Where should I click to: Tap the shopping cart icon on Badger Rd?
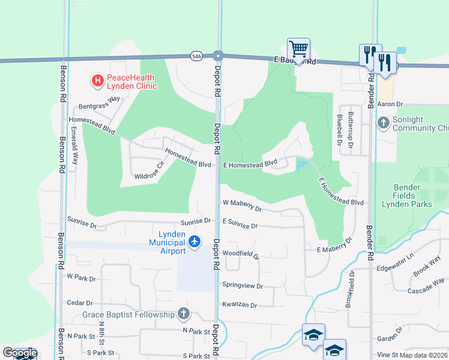pyautogui.click(x=298, y=49)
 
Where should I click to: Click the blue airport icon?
pyautogui.click(x=194, y=241)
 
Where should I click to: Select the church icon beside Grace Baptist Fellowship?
pyautogui.click(x=184, y=314)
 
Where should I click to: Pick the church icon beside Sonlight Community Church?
pyautogui.click(x=384, y=123)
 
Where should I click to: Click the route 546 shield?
pyautogui.click(x=196, y=56)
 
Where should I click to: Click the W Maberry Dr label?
pyautogui.click(x=243, y=206)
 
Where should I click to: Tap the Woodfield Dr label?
pyautogui.click(x=240, y=254)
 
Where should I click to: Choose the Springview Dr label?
pyautogui.click(x=243, y=286)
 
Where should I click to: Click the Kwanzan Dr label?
pyautogui.click(x=240, y=305)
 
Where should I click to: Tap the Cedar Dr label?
pyautogui.click(x=80, y=303)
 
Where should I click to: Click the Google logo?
pyautogui.click(x=20, y=353)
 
